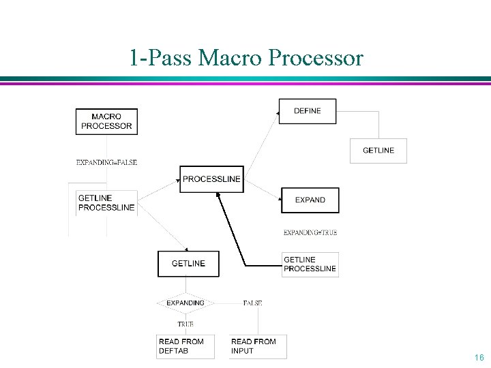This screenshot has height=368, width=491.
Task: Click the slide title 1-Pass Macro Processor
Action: [246, 59]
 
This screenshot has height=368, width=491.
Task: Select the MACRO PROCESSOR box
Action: [106, 121]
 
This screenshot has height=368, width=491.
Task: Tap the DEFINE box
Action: [308, 111]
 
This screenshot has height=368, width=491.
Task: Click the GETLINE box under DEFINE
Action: [378, 151]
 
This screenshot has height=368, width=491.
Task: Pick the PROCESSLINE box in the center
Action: [211, 179]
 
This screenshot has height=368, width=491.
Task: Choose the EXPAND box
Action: [310, 200]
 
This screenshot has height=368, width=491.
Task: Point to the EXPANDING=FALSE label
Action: [106, 162]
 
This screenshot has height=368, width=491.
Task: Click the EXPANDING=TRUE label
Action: [310, 232]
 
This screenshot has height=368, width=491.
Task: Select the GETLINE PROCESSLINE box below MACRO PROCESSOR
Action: [106, 203]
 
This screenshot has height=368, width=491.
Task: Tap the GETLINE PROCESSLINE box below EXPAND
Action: [310, 264]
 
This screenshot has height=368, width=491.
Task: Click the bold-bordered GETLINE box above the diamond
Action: [188, 264]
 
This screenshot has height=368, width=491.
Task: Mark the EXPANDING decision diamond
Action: [185, 303]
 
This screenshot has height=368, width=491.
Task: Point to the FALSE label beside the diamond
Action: [252, 303]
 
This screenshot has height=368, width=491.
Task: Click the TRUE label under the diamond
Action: [185, 324]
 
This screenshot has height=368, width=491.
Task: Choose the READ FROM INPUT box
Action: [258, 346]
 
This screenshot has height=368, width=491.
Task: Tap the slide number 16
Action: [479, 358]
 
